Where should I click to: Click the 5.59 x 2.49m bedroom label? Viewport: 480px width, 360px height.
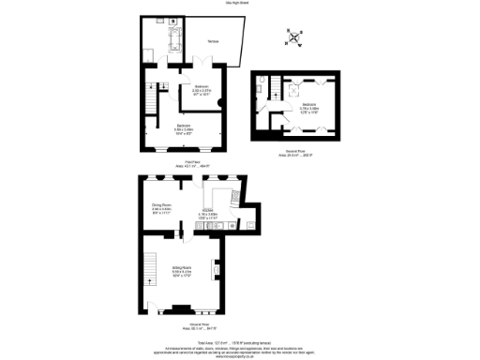click(184, 128)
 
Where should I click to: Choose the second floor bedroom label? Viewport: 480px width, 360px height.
click(309, 109)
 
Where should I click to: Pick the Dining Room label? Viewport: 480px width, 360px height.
click(162, 208)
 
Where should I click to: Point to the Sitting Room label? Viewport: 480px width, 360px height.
click(183, 274)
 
